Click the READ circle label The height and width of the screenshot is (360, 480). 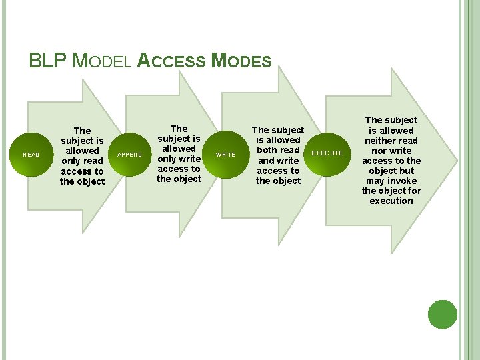31,155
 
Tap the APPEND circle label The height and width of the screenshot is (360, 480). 129,155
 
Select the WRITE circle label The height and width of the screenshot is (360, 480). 226,155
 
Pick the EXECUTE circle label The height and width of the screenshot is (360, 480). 328,153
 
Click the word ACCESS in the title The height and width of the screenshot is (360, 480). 172,61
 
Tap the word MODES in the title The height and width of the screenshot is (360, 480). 241,61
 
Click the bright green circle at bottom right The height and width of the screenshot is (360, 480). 443,314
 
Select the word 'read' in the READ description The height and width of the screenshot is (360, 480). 93,161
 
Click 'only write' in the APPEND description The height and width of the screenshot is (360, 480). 179,159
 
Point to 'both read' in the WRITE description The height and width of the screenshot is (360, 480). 278,150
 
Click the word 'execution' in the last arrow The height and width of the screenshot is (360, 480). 391,201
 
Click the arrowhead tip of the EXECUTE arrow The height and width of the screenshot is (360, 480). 457,159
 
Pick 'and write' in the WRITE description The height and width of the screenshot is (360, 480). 278,160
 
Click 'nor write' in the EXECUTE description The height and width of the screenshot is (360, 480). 391,151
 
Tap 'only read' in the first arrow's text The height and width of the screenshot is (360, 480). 82,161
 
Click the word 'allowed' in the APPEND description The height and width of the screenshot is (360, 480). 179,149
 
